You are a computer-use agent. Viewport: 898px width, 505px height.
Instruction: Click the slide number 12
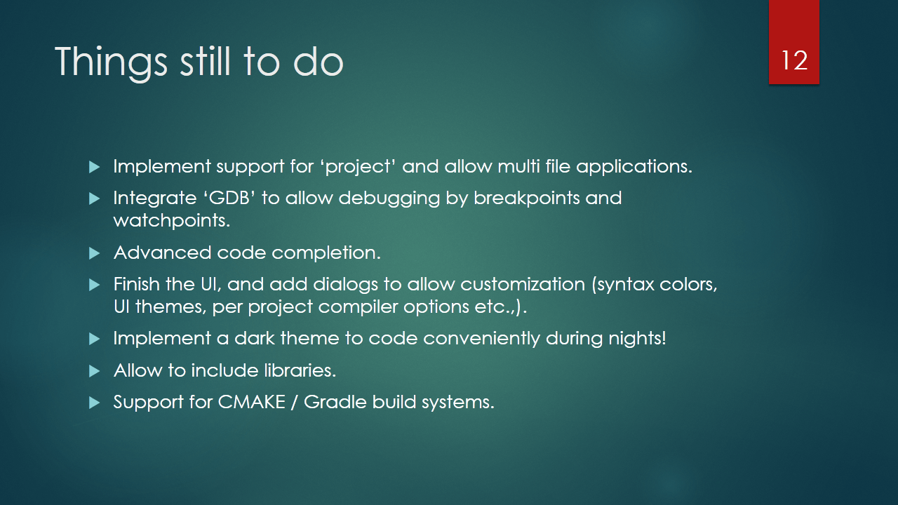tap(794, 60)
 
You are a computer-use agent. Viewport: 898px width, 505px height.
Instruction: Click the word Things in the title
tap(111, 62)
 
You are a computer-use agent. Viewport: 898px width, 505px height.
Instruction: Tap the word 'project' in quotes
tap(358, 167)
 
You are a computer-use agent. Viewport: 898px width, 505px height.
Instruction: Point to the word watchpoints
tap(172, 220)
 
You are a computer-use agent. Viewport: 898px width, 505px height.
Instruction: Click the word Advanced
tap(162, 252)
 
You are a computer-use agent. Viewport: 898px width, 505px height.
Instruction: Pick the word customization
tap(523, 284)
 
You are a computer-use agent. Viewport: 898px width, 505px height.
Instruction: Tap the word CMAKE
tap(252, 402)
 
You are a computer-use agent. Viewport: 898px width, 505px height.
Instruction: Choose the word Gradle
tap(335, 402)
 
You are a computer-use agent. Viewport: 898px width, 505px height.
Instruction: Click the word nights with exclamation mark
tap(638, 339)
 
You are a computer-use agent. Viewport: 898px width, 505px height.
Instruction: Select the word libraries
tap(300, 370)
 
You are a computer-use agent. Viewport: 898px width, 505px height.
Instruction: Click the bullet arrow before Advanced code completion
tap(94, 253)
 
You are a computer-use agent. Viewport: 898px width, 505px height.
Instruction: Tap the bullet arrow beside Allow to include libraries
tap(94, 371)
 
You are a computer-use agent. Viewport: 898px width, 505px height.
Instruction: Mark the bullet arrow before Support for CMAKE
tap(94, 403)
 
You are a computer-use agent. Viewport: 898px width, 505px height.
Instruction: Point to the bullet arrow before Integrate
tap(94, 198)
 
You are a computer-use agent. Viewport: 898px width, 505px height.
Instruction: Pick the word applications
tap(634, 167)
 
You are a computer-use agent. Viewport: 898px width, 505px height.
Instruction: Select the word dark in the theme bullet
tap(255, 339)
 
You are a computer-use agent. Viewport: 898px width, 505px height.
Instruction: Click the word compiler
tap(358, 307)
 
